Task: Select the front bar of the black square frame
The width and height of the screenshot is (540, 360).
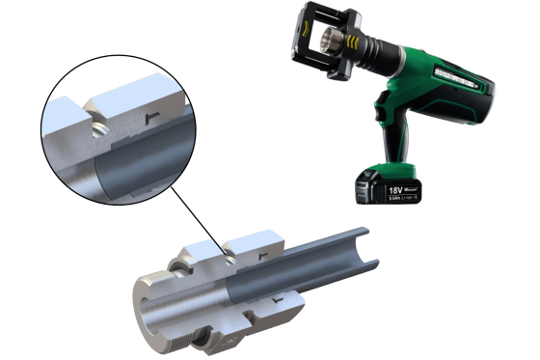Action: coord(293,42)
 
